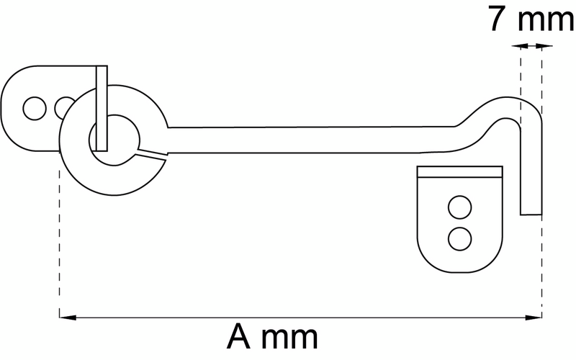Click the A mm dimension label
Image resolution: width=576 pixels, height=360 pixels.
click(272, 337)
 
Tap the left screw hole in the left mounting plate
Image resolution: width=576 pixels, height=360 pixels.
click(35, 109)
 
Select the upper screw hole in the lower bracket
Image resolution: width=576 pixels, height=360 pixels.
click(459, 207)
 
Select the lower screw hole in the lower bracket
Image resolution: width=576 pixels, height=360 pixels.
click(459, 239)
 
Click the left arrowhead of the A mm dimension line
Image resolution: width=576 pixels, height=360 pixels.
click(68, 317)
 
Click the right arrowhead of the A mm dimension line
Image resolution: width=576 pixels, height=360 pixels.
click(534, 317)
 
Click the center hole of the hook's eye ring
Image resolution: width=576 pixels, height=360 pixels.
click(114, 140)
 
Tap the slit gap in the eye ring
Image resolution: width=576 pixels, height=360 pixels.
click(152, 155)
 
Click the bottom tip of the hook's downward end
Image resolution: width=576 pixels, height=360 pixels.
click(531, 215)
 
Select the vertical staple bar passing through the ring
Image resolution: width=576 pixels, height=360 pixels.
click(102, 109)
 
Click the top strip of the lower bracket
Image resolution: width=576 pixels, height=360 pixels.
click(459, 171)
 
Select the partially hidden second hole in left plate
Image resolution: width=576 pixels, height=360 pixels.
click(65, 107)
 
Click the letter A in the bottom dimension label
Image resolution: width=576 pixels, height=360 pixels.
click(239, 337)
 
